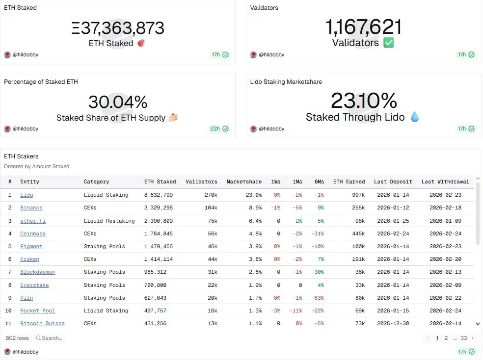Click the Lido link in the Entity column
(27, 195)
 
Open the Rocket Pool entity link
(37, 310)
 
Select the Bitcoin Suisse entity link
(42, 323)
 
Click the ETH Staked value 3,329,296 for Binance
(158, 207)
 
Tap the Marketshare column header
(244, 181)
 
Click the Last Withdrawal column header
(445, 181)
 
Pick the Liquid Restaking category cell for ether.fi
(109, 221)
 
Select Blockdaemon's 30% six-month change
(319, 272)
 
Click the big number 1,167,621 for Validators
(363, 26)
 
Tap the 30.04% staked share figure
(118, 102)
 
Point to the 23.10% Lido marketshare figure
(363, 101)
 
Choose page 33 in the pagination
(463, 338)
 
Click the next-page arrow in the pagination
(472, 338)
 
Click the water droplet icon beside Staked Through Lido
(415, 117)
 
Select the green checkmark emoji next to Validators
(388, 43)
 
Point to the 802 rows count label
(17, 338)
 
